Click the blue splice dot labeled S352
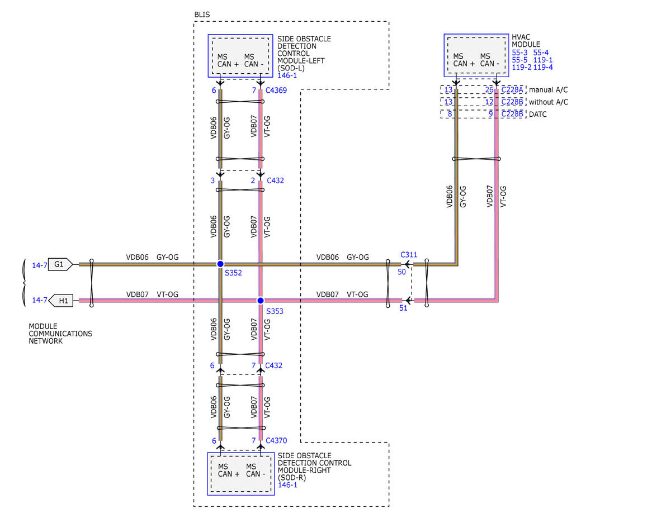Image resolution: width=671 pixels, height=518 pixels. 220,264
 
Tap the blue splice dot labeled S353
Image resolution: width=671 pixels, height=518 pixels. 261,301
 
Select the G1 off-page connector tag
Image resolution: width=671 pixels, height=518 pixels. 60,264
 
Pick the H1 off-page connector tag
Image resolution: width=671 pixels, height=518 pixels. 61,301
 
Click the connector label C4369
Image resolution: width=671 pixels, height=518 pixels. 276,91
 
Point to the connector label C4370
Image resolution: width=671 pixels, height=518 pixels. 276,440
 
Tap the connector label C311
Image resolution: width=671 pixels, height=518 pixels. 409,255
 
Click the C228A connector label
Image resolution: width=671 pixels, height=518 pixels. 512,90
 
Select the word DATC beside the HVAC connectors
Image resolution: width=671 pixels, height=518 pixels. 537,115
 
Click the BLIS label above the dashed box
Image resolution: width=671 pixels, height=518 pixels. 202,15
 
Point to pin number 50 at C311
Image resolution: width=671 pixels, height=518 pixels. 401,272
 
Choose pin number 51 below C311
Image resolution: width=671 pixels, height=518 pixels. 403,308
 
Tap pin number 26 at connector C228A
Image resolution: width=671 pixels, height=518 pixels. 489,90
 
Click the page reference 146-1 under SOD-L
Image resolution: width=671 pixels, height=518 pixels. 287,75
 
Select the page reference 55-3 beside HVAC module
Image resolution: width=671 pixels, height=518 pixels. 519,53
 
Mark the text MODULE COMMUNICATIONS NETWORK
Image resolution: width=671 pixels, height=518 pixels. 60,334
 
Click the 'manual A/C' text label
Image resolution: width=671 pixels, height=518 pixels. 549,90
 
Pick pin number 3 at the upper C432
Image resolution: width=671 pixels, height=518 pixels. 212,180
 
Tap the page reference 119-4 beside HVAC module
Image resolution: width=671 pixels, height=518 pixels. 543,67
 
